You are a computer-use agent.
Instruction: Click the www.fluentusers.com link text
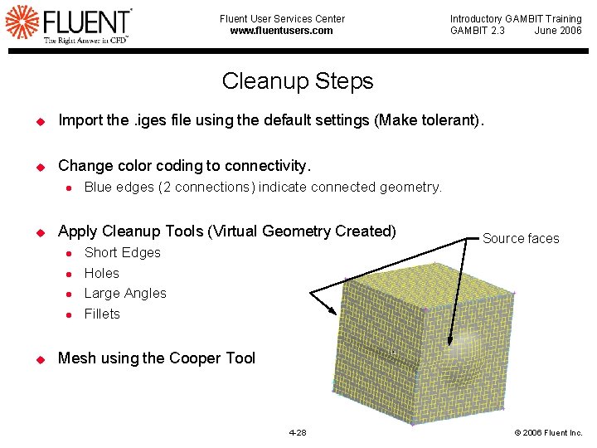click(x=281, y=31)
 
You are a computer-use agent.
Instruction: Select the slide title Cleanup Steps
click(x=298, y=81)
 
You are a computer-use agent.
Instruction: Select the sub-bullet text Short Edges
click(x=122, y=252)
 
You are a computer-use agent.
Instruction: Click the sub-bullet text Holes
click(x=101, y=273)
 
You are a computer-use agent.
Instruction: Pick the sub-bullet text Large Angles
click(x=125, y=293)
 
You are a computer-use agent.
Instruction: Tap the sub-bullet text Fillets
click(x=102, y=314)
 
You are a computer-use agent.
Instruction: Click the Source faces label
click(x=521, y=239)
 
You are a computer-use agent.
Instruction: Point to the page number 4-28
click(x=297, y=433)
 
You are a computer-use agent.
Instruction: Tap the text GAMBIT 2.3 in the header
click(x=477, y=31)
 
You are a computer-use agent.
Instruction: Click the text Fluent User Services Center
click(x=282, y=18)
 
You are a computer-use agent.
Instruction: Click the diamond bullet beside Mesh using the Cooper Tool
click(x=38, y=358)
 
